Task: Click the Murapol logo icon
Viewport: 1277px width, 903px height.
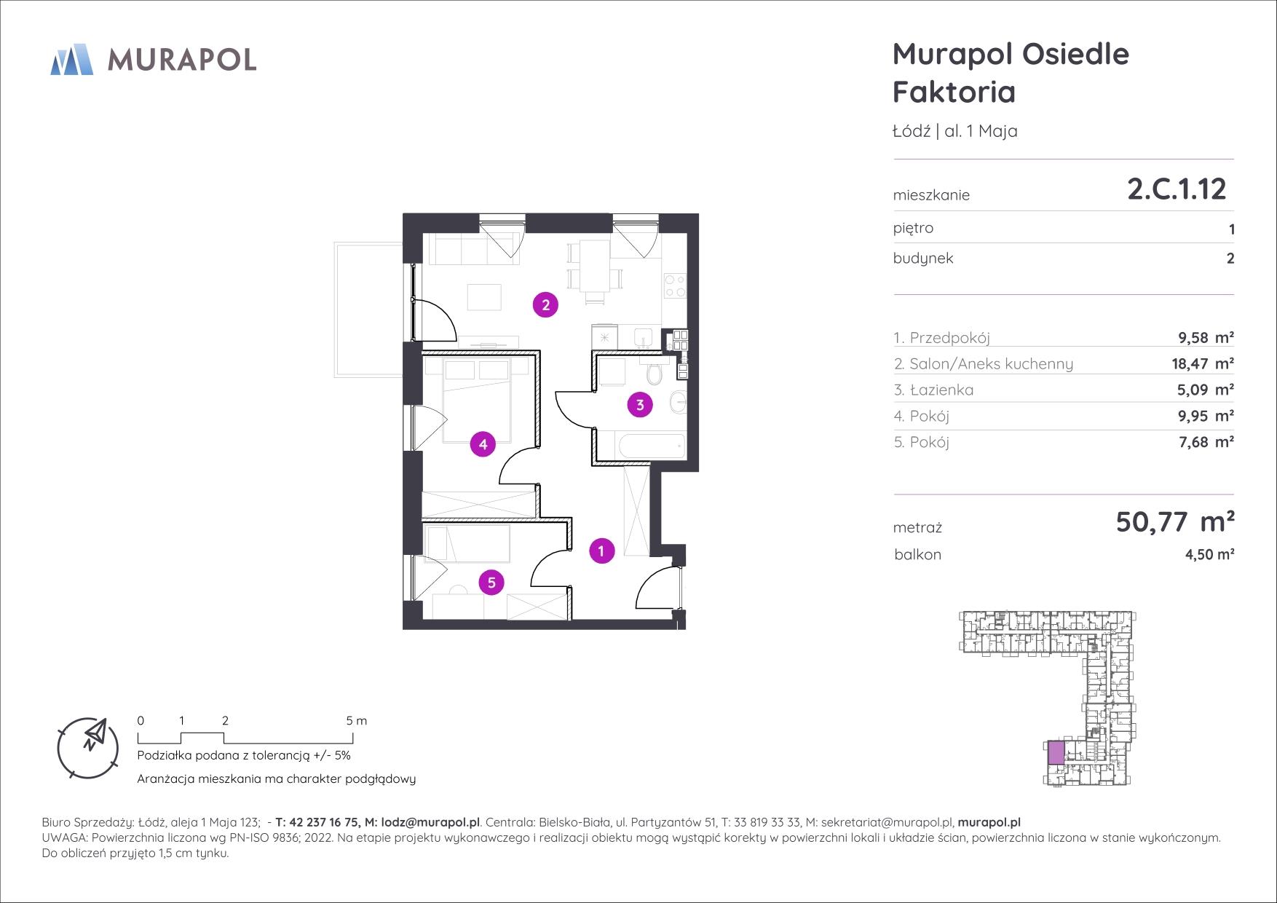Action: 71,59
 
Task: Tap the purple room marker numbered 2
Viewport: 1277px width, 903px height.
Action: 545,304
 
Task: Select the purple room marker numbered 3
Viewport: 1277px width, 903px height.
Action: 640,405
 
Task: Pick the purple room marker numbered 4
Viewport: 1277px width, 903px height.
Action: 483,443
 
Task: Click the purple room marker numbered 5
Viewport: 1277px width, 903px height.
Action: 492,582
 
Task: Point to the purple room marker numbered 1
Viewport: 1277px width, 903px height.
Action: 601,551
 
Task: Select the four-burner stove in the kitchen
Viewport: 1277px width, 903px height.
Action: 674,285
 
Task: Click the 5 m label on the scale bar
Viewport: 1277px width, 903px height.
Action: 357,721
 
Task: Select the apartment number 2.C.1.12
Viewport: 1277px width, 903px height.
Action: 1177,189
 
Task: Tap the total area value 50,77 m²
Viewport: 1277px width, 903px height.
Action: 1175,521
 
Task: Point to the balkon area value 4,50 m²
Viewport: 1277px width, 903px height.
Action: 1210,555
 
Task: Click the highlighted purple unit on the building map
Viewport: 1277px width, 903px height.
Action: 1056,752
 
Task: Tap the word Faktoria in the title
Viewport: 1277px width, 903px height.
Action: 954,92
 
